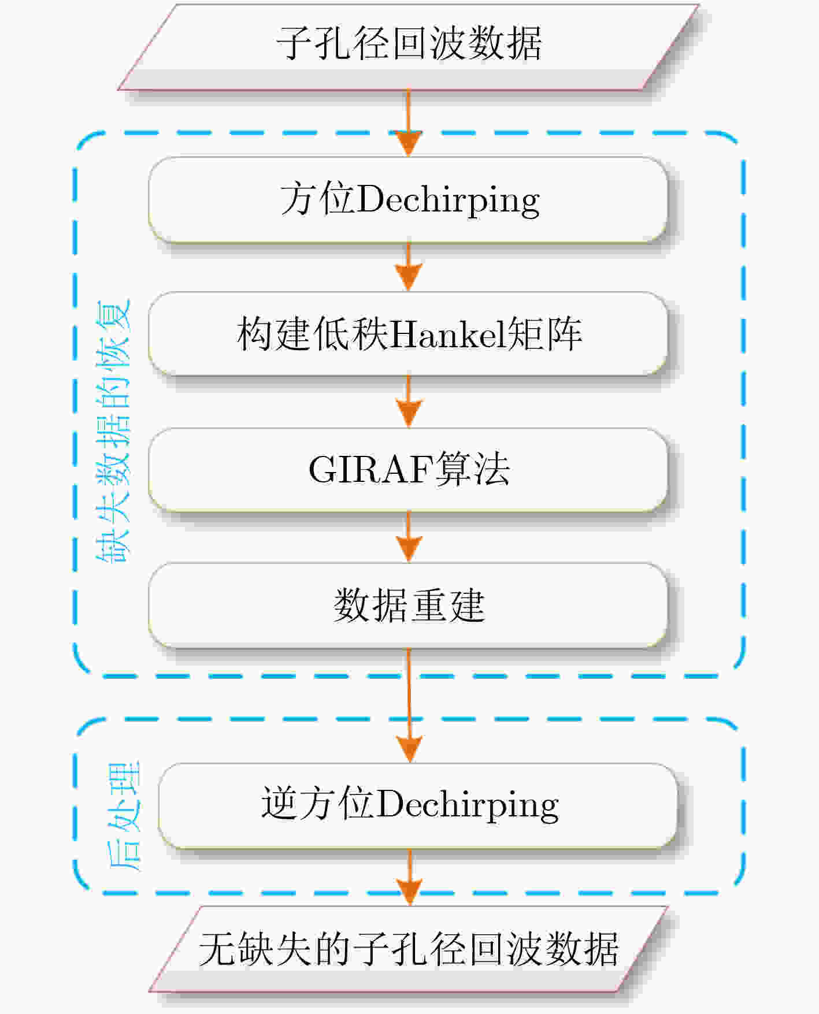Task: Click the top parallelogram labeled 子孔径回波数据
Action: click(409, 47)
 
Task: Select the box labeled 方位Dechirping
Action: click(408, 200)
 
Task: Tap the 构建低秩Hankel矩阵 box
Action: click(408, 334)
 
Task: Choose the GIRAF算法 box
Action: click(408, 470)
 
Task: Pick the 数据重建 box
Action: click(408, 605)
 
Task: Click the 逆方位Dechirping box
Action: click(417, 805)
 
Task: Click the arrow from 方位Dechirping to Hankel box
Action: click(409, 267)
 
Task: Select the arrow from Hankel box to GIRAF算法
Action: click(409, 402)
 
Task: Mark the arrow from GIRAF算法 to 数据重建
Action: click(409, 537)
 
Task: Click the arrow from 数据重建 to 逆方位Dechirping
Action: click(409, 705)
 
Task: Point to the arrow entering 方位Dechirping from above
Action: click(409, 123)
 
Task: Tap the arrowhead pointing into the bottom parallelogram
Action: click(409, 892)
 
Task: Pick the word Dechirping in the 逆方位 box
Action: click(468, 805)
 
